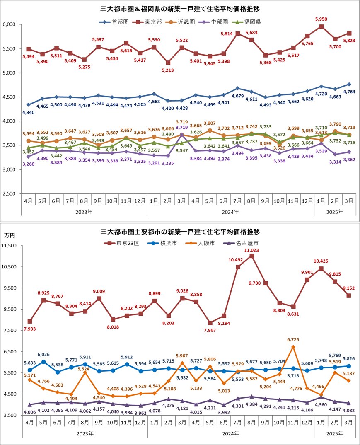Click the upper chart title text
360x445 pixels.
click(180, 8)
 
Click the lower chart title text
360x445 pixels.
click(180, 231)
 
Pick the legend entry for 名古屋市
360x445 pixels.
click(242, 243)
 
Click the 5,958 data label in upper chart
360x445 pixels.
click(321, 19)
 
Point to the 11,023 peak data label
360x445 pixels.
click(251, 250)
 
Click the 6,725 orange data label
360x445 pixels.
click(293, 339)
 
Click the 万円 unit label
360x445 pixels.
click(9, 235)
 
